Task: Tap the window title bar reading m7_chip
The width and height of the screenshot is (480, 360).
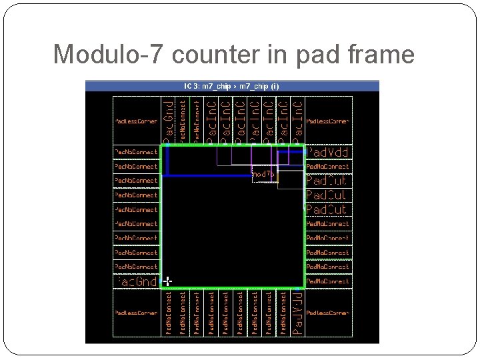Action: point(232,86)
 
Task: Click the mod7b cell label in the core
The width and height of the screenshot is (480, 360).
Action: point(263,174)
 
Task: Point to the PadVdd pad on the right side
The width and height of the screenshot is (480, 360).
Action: point(327,152)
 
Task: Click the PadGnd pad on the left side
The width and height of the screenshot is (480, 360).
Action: point(137,281)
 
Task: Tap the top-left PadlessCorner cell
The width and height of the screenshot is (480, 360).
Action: point(136,121)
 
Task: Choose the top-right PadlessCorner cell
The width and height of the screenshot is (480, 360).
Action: point(327,121)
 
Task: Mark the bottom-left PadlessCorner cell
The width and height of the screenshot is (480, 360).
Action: point(136,312)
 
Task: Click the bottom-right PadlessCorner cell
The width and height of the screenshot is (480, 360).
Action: point(327,312)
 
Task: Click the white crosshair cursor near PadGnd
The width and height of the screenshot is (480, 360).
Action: point(167,281)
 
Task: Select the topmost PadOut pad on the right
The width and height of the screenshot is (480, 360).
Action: point(327,181)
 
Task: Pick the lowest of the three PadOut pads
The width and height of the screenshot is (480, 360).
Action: point(327,209)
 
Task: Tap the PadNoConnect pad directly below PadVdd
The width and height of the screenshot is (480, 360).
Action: point(327,167)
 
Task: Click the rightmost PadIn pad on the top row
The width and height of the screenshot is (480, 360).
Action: point(297,121)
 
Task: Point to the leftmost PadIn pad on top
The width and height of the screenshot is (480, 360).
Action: point(211,121)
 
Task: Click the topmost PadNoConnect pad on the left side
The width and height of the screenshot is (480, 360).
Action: point(137,152)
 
